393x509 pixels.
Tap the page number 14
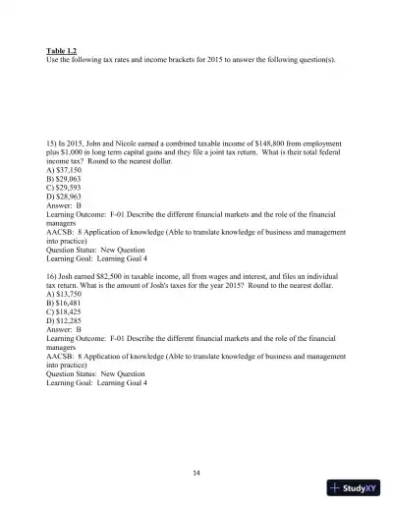196,473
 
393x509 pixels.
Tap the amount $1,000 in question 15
71,151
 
